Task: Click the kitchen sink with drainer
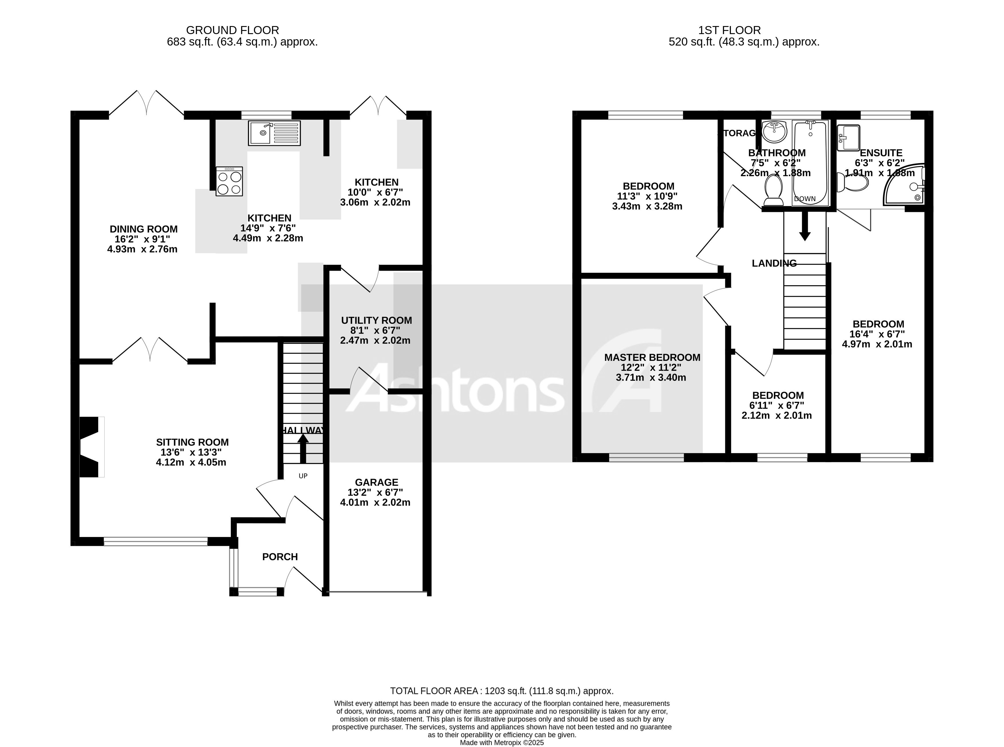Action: (x=274, y=133)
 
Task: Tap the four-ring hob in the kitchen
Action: (x=229, y=181)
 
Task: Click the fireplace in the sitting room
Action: (x=90, y=447)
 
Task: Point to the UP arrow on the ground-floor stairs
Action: (x=303, y=448)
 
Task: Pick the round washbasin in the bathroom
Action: (x=774, y=131)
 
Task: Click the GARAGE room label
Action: (x=376, y=482)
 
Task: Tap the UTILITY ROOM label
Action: (x=376, y=321)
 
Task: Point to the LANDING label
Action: (x=774, y=263)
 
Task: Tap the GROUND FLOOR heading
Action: (x=232, y=30)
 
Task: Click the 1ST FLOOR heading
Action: (x=729, y=30)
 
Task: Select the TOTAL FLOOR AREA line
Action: (x=502, y=691)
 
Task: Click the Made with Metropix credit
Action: (x=502, y=742)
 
